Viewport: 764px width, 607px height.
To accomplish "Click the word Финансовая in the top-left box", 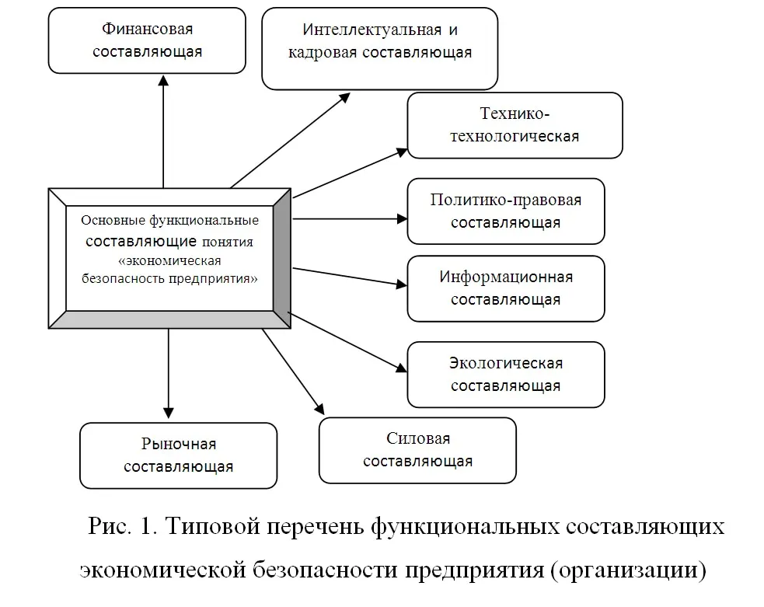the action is (147, 30).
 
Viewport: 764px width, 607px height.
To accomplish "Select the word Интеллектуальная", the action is (372, 30).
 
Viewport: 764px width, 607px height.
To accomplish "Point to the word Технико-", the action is (515, 113).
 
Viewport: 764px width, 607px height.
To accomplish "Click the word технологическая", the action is (515, 136).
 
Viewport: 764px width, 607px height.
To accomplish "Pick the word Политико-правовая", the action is (506, 201).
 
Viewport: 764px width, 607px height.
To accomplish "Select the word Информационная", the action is (506, 277).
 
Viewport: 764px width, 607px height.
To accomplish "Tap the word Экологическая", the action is (506, 363).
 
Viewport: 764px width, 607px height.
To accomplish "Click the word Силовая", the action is (418, 438).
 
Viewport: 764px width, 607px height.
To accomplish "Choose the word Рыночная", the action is (178, 445).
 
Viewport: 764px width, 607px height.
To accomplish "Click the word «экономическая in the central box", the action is (169, 260).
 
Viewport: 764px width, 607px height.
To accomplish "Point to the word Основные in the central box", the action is (113, 220).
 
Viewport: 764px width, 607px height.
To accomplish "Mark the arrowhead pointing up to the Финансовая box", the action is (164, 80).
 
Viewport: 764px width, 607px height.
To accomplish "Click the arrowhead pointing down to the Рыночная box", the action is (168, 413).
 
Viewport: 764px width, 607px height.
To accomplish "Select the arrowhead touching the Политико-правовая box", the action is (402, 218).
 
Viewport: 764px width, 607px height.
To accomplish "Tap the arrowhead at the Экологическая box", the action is (401, 368).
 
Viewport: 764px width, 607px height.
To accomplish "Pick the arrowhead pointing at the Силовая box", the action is (319, 409).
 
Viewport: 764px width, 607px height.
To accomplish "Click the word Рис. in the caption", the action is (110, 526).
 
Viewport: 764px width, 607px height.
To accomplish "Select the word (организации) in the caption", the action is (629, 570).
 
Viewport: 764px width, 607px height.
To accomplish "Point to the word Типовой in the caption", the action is (212, 526).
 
